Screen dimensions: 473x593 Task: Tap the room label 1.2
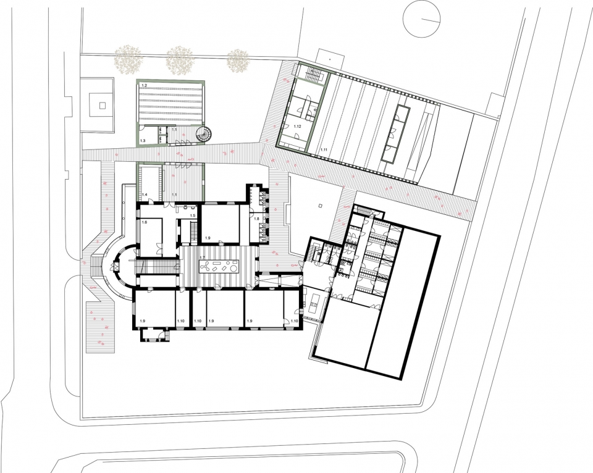144,84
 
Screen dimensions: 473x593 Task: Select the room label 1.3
143,141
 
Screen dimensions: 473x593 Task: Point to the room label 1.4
145,195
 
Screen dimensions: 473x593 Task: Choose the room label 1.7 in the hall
202,257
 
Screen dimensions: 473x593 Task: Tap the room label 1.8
256,219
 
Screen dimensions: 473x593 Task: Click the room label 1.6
144,222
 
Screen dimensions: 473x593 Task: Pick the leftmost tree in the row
129,59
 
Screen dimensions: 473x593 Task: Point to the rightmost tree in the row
238,60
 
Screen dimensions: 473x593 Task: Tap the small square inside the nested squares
103,104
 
